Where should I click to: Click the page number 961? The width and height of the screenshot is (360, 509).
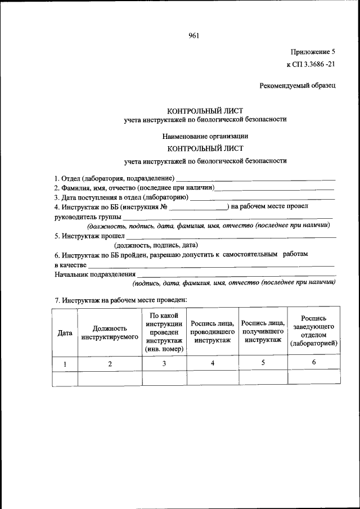click(x=194, y=36)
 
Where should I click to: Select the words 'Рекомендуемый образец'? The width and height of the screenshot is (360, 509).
click(x=298, y=86)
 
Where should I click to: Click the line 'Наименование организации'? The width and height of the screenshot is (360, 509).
click(x=205, y=136)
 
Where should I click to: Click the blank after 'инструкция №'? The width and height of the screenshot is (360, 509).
click(x=198, y=207)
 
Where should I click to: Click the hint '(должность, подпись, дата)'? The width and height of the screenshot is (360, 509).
click(x=156, y=245)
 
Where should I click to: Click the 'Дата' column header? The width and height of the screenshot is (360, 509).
click(x=65, y=333)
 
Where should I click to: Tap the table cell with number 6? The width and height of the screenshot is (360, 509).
click(x=314, y=363)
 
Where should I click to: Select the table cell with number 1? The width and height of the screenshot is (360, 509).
click(x=65, y=364)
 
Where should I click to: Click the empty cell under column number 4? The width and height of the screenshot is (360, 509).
click(x=213, y=378)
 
